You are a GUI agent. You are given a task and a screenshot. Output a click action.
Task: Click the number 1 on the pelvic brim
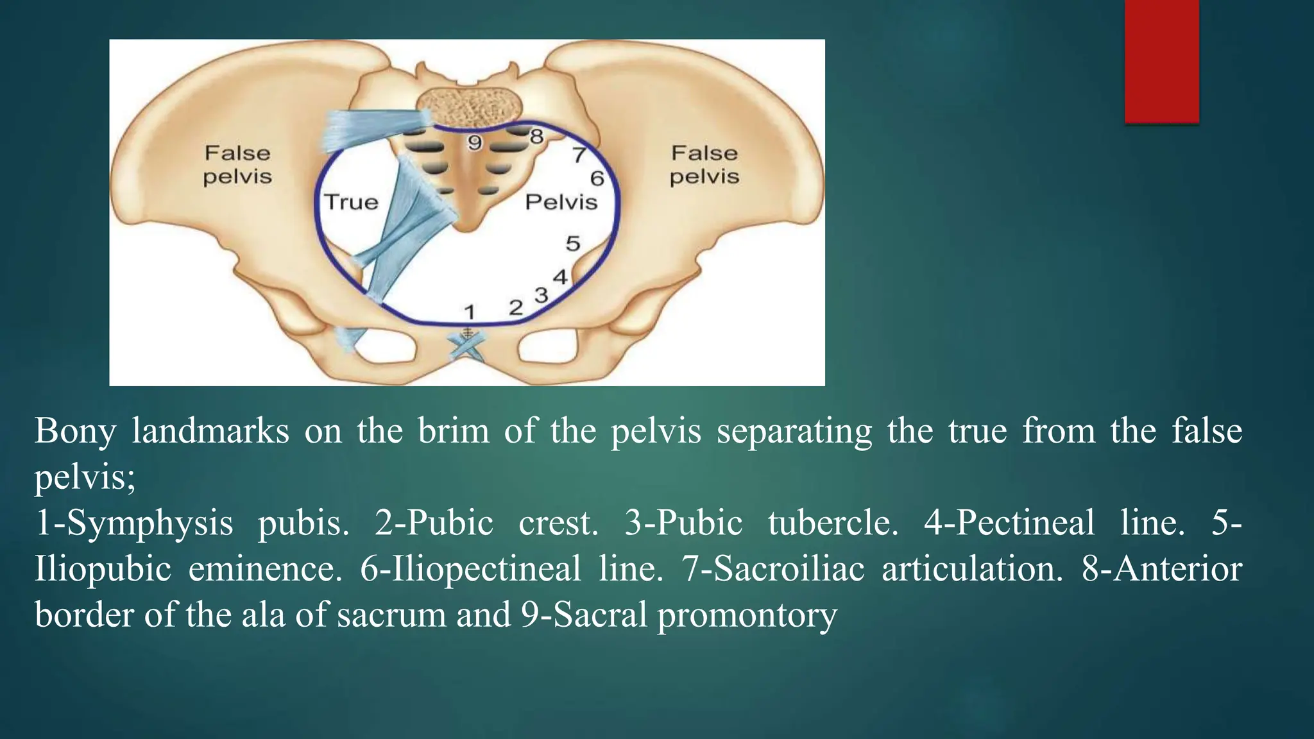point(470,312)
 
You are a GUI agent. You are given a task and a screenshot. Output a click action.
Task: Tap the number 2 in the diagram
point(516,308)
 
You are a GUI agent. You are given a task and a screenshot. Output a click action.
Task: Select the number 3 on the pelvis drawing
point(542,295)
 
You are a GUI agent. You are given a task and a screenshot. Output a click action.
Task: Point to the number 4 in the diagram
point(560,277)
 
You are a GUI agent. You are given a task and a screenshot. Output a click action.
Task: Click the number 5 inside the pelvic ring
point(573,244)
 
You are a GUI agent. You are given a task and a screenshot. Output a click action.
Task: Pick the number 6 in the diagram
point(597,178)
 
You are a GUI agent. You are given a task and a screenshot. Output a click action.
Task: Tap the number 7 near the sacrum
point(579,155)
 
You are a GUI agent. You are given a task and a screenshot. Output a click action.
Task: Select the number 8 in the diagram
point(537,136)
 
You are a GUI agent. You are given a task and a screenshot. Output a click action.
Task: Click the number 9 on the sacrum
point(474,142)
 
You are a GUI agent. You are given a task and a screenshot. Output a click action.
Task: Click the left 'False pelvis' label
point(237,165)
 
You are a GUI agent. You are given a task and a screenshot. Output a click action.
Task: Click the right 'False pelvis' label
point(704,165)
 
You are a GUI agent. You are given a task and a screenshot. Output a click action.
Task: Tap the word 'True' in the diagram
point(351,202)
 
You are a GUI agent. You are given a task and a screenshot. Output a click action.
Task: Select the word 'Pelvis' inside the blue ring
point(561,202)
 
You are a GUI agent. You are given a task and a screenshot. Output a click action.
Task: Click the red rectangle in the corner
point(1161,61)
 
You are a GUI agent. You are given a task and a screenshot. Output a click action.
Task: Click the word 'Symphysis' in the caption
point(149,523)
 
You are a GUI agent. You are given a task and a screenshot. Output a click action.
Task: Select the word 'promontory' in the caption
point(747,615)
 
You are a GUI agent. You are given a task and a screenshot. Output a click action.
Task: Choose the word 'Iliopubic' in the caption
point(103,569)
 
